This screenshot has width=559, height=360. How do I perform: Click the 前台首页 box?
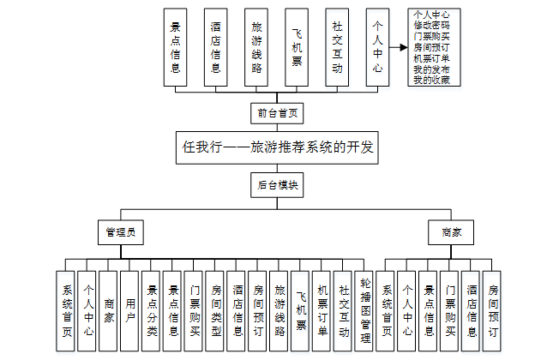(279, 112)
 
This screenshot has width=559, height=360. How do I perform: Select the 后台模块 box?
(279, 183)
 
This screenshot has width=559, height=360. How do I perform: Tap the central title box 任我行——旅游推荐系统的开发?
(279, 147)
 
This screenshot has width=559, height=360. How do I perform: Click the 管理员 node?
(120, 231)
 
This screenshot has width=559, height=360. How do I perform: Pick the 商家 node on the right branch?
(452, 231)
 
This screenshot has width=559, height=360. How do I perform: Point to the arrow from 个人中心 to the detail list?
(395, 48)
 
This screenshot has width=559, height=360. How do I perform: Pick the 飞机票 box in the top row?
(297, 48)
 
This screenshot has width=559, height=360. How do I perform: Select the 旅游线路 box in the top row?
(255, 48)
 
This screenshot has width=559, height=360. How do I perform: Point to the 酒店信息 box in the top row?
(215, 48)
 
